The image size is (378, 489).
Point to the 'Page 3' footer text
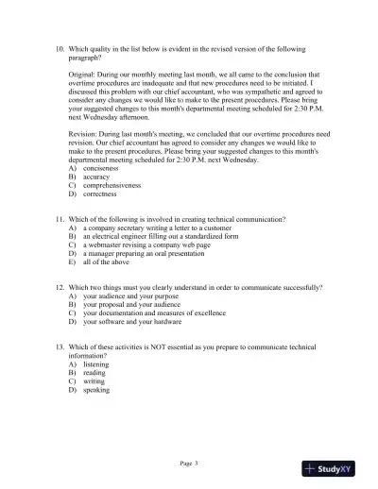tap(190, 463)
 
